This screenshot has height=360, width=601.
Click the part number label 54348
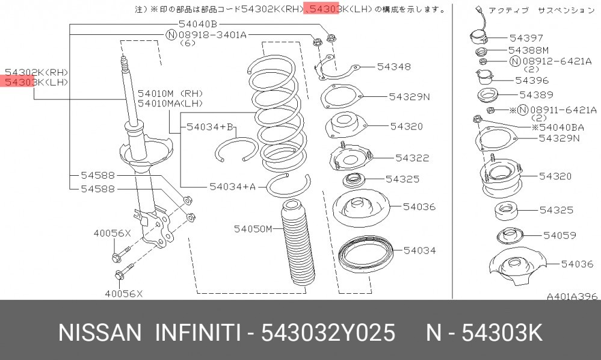tap(393, 67)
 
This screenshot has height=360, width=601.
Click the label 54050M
tap(253, 229)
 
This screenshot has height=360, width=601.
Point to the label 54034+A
tap(232, 187)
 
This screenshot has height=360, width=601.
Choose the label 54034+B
tap(210, 126)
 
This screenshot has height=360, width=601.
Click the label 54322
tap(412, 158)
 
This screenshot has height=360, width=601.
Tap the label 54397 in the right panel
tap(526, 38)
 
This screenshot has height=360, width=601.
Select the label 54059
tap(559, 235)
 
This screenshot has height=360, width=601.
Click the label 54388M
tap(529, 50)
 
